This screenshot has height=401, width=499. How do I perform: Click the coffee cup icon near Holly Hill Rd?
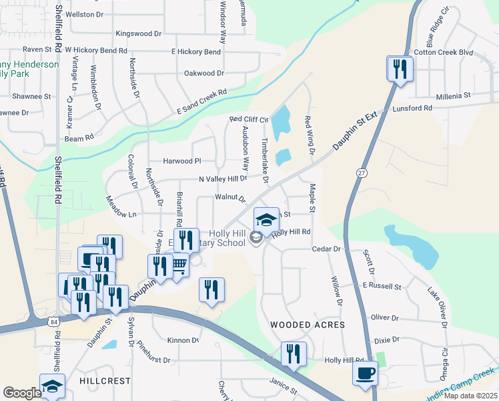click(x=365, y=374)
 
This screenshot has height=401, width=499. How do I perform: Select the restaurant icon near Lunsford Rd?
click(x=400, y=69)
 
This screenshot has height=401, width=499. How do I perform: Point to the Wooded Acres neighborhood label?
click(x=307, y=325)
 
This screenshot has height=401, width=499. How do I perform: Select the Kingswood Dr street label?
click(x=139, y=33)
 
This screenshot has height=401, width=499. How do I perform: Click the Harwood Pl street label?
click(x=181, y=161)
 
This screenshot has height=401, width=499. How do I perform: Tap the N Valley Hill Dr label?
click(x=223, y=179)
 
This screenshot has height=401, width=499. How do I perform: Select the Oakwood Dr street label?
click(x=203, y=73)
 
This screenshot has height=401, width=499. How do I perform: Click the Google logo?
click(x=22, y=393)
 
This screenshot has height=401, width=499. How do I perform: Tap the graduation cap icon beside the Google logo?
click(x=52, y=386)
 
